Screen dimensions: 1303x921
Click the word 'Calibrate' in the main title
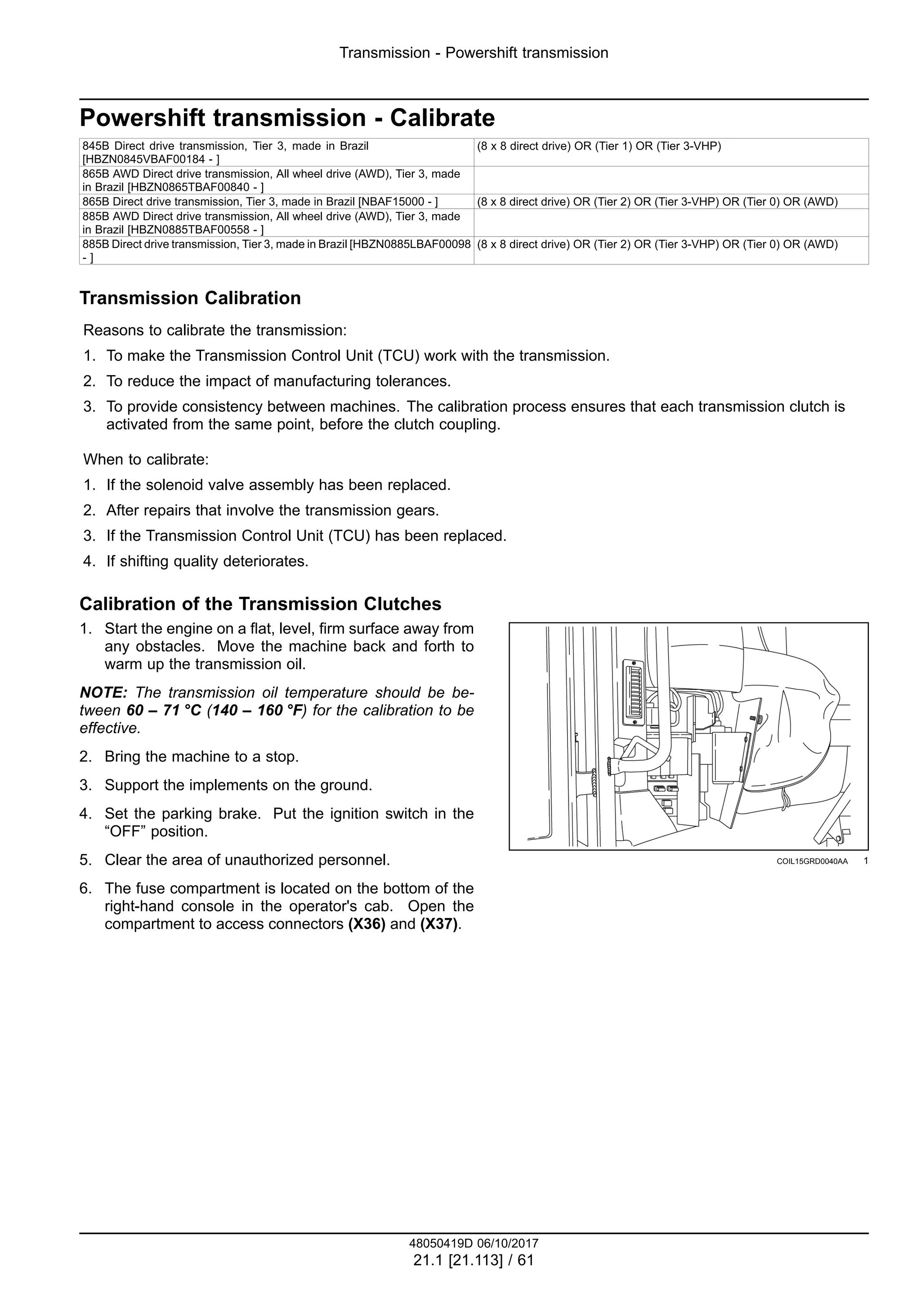pyautogui.click(x=442, y=118)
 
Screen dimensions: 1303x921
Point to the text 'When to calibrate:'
pyautogui.click(x=147, y=459)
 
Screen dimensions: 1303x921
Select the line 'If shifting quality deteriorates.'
pyautogui.click(x=207, y=561)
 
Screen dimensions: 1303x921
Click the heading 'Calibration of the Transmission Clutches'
pyautogui.click(x=260, y=604)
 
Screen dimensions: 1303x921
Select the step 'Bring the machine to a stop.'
pyautogui.click(x=201, y=757)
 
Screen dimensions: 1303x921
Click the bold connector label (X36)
pyautogui.click(x=367, y=924)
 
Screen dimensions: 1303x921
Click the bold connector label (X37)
pyautogui.click(x=439, y=924)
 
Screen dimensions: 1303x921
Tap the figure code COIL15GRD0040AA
pyautogui.click(x=812, y=861)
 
